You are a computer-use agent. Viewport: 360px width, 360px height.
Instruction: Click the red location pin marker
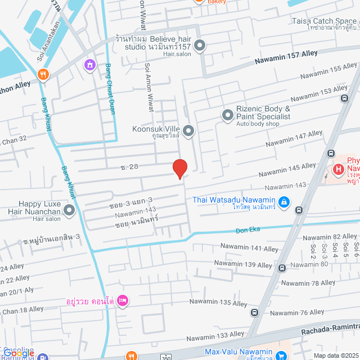pyautogui.click(x=179, y=169)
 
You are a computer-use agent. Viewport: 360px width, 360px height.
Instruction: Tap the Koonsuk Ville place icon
pyautogui.click(x=188, y=132)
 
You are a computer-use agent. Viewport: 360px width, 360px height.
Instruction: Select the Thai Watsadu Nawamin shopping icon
pyautogui.click(x=285, y=201)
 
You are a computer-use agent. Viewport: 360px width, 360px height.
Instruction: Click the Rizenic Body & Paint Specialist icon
pyautogui.click(x=228, y=115)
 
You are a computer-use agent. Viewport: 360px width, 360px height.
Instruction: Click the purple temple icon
pyautogui.click(x=89, y=66)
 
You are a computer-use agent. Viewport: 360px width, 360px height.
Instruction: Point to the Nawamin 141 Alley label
pyautogui.click(x=249, y=247)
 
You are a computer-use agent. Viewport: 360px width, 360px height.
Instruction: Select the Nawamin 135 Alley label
pyautogui.click(x=217, y=303)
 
